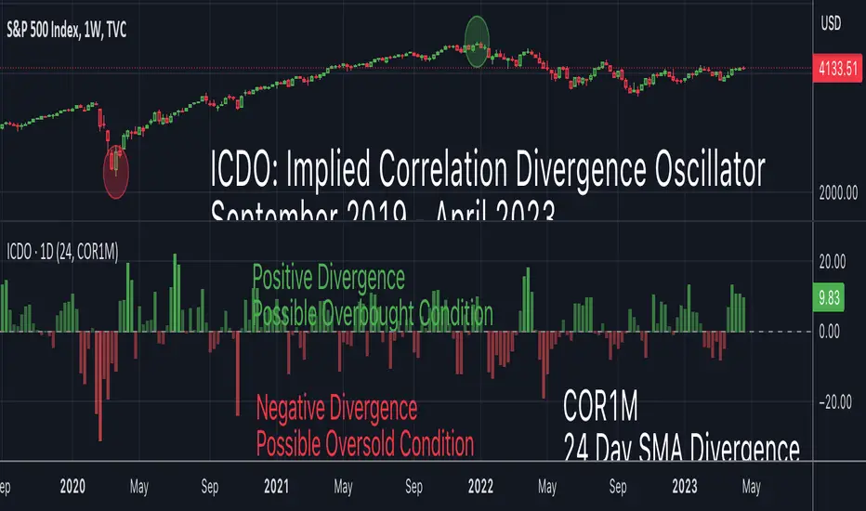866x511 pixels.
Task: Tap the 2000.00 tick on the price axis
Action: (x=838, y=192)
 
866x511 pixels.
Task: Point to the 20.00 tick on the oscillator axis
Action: (x=838, y=260)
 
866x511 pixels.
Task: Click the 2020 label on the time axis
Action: (x=72, y=485)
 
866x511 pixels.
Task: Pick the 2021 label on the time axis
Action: (x=276, y=485)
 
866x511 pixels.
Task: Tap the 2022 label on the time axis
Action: (x=480, y=485)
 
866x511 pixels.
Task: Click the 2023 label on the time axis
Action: (x=684, y=485)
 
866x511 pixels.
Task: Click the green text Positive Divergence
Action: (x=328, y=277)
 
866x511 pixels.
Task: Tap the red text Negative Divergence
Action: (x=336, y=408)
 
